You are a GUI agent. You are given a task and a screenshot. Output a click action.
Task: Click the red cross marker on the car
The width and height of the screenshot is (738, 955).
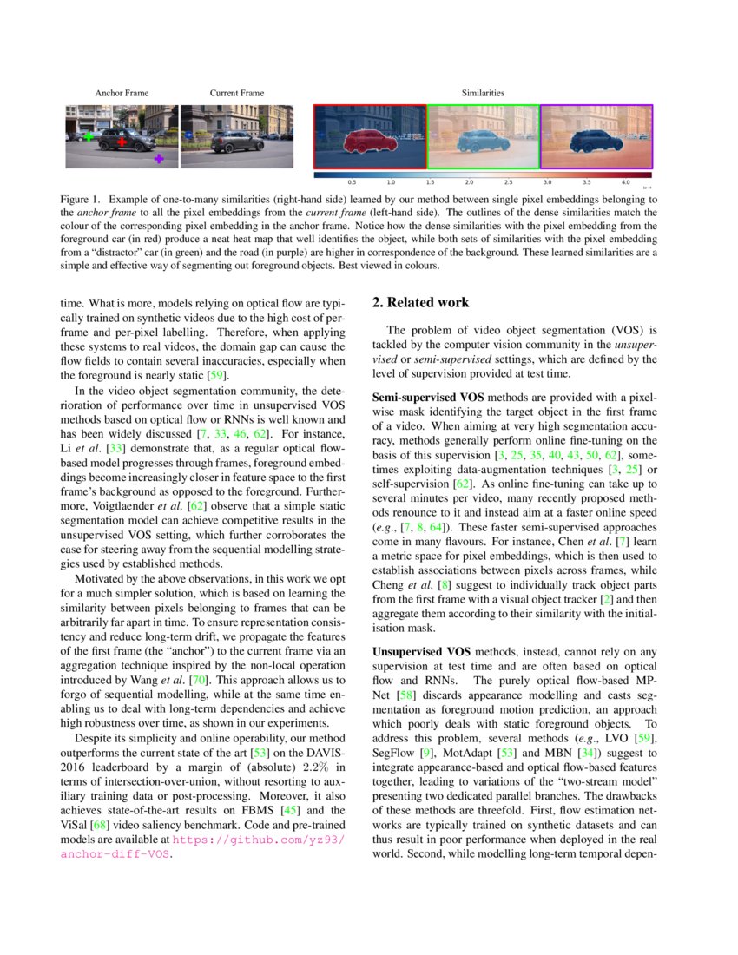tap(122, 142)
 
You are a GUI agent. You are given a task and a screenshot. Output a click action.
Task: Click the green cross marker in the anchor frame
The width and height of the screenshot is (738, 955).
tap(88, 136)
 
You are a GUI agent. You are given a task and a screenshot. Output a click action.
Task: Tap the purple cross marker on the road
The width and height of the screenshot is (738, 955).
tap(158, 159)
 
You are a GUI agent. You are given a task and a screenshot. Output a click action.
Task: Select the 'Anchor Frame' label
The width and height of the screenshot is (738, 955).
tap(122, 93)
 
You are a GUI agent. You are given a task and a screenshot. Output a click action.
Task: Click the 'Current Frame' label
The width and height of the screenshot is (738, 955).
tap(237, 93)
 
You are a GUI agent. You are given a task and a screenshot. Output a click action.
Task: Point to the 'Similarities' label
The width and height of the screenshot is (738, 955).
tap(483, 93)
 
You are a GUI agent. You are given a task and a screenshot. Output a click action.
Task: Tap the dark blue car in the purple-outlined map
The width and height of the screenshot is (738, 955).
tap(596, 140)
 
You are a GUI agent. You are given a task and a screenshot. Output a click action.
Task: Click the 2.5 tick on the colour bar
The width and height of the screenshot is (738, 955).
tap(508, 183)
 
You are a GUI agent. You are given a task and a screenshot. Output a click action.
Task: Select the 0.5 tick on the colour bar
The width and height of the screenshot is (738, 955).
tap(352, 183)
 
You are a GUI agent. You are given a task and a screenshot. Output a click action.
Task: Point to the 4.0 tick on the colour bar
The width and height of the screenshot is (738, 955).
tap(626, 183)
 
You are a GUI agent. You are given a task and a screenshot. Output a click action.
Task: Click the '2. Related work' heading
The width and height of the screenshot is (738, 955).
tap(420, 303)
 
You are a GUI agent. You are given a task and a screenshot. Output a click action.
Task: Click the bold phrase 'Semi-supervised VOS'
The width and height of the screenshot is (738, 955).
tap(422, 398)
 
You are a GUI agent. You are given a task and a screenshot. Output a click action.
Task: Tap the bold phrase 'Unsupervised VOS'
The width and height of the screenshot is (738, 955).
tap(417, 651)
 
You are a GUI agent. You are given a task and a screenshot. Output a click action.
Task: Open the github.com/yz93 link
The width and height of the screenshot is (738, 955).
tap(259, 840)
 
